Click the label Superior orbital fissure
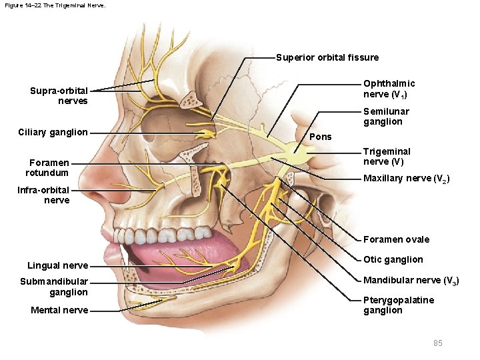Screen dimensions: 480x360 [327, 57]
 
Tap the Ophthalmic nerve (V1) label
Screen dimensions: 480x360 [389, 89]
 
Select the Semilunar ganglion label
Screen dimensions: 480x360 [386, 117]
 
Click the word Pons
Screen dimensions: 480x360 [321, 137]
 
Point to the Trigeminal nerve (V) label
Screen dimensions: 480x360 [387, 157]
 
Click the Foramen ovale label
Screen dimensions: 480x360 [396, 239]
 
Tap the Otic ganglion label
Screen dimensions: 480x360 [393, 259]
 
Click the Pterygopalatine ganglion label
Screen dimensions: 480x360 [398, 305]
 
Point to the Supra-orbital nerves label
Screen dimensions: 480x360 [59, 96]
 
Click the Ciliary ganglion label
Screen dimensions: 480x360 [54, 132]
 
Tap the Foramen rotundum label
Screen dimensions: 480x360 [49, 168]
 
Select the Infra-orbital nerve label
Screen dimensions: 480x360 [43, 195]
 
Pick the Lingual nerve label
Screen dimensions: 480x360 [58, 265]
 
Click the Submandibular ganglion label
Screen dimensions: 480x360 [54, 287]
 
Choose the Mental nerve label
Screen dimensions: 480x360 [59, 310]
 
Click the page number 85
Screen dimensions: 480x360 [437, 343]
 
